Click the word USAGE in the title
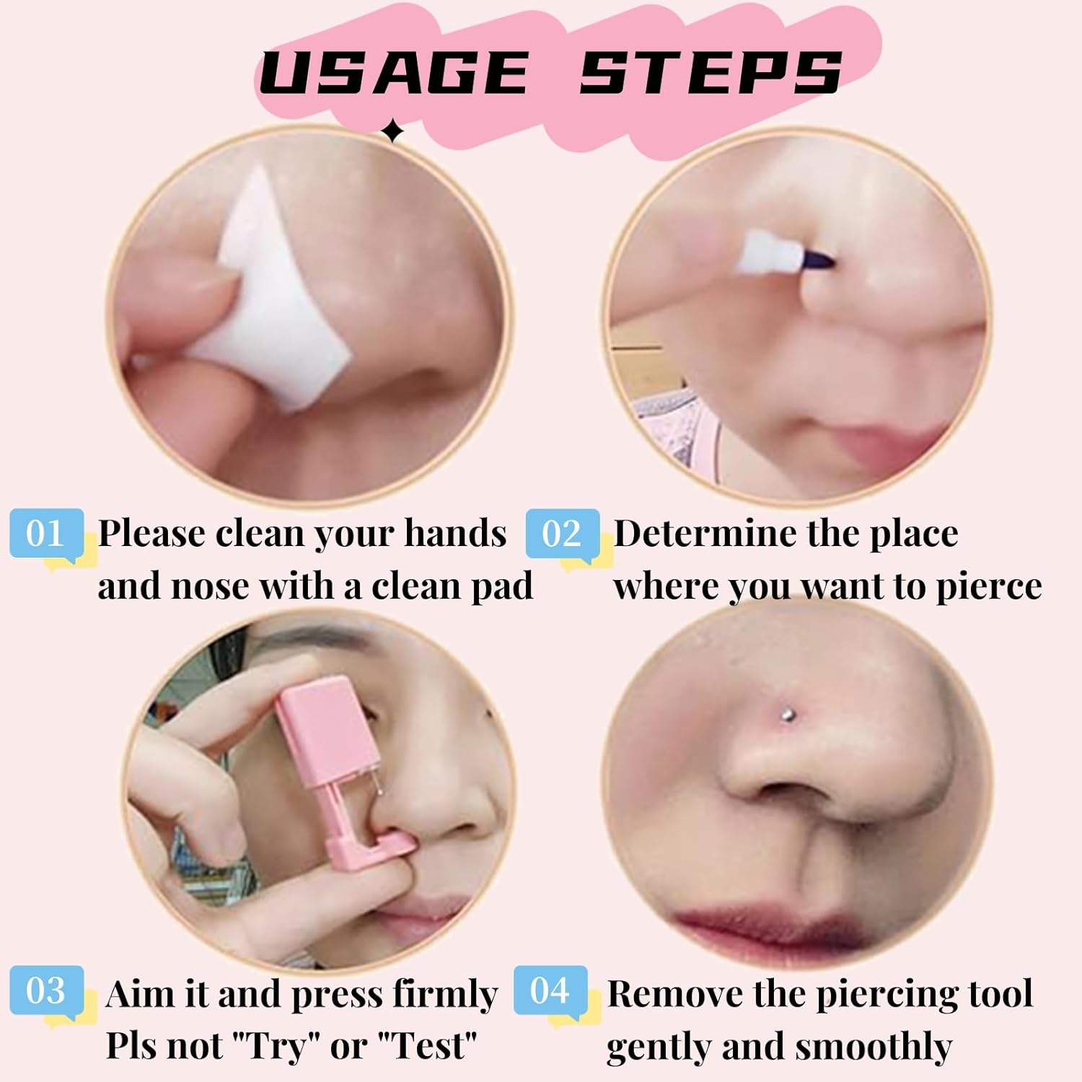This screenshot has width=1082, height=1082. pos(393,72)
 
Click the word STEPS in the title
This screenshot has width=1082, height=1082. pos(711,72)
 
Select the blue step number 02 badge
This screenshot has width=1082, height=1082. pos(562,534)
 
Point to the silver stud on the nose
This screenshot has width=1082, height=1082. pos(788,715)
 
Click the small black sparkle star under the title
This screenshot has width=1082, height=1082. pos(392,131)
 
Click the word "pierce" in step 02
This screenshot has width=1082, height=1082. pos(988,587)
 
